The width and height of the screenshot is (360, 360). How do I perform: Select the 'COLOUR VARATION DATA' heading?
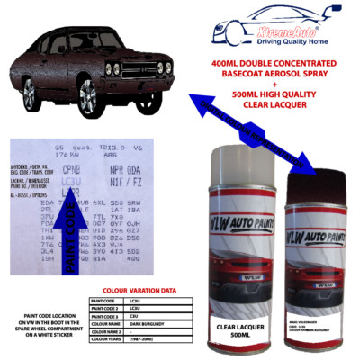[x=149, y=290]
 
